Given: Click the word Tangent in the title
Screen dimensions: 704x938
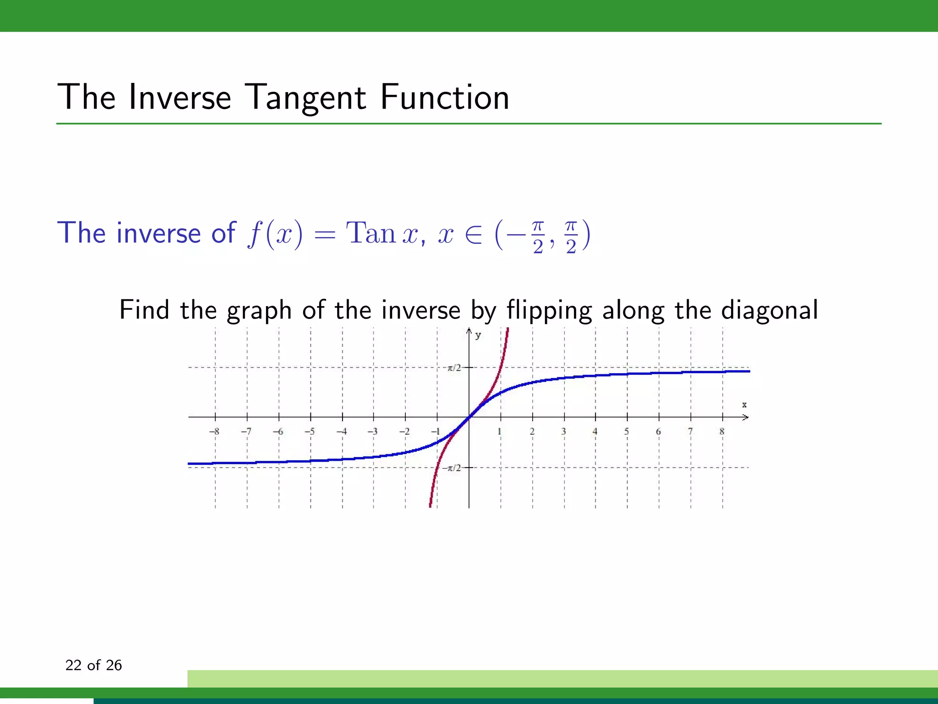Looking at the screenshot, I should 305,98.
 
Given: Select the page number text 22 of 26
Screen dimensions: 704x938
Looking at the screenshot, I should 93,665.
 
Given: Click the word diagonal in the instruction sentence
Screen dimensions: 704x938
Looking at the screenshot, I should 769,310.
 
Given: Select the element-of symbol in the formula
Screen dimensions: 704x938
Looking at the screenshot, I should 474,235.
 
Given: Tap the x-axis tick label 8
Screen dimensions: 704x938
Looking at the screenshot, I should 722,431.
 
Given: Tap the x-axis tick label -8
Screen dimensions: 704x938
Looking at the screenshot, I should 214,431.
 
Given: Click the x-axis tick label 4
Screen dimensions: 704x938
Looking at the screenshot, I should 595,431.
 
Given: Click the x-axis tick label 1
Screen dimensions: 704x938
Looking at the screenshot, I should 500,431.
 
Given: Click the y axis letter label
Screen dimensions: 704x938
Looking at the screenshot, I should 478,335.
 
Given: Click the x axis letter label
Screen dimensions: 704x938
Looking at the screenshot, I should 744,405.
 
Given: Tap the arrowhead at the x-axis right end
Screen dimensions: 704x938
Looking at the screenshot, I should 746,417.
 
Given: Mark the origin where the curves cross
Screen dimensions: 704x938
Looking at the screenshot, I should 469,417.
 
